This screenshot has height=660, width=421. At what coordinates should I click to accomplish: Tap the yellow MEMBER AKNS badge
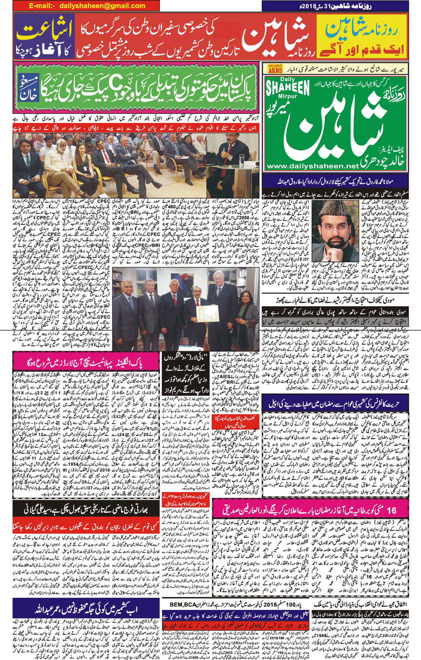pos(275,69)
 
